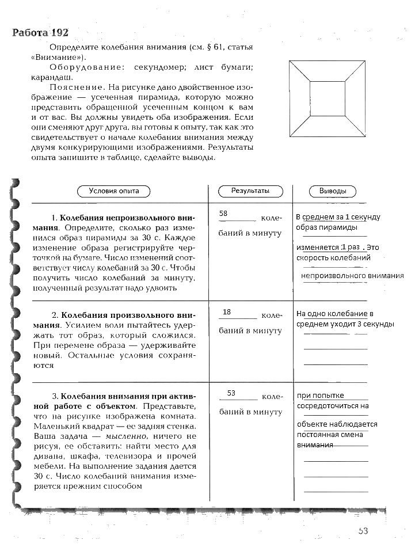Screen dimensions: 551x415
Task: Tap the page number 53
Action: (x=363, y=531)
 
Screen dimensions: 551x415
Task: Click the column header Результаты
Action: (x=250, y=191)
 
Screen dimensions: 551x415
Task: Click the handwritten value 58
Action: (x=224, y=214)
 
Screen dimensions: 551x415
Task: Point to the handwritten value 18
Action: (x=226, y=311)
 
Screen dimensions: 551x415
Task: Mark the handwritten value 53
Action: (x=231, y=393)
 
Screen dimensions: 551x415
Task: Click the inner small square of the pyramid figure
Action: (x=326, y=98)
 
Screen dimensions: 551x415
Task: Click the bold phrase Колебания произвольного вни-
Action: (x=128, y=316)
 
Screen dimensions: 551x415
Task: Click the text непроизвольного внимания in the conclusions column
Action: (x=352, y=276)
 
